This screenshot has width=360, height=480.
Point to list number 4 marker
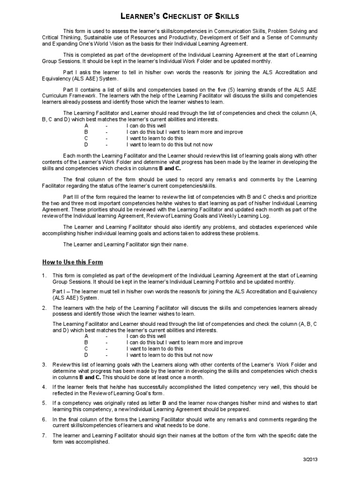tap(44, 387)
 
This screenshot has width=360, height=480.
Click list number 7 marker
tap(44, 435)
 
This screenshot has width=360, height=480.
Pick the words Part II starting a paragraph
tap(71, 88)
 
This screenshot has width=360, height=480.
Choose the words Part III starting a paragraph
tap(72, 195)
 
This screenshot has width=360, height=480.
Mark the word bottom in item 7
tap(223, 435)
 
